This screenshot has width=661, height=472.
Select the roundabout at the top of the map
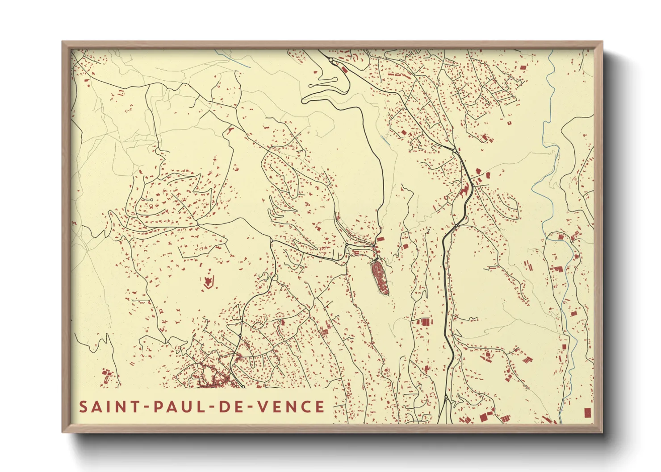click(x=331, y=59)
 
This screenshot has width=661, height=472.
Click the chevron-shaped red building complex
click(x=207, y=282)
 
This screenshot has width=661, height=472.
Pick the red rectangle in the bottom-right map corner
click(x=588, y=413)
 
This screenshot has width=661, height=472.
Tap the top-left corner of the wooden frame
click(x=63, y=42)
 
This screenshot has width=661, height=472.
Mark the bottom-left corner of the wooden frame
click(x=63, y=431)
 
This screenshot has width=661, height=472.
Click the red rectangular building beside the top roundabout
click(x=344, y=70)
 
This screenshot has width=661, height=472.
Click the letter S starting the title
click(x=83, y=407)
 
